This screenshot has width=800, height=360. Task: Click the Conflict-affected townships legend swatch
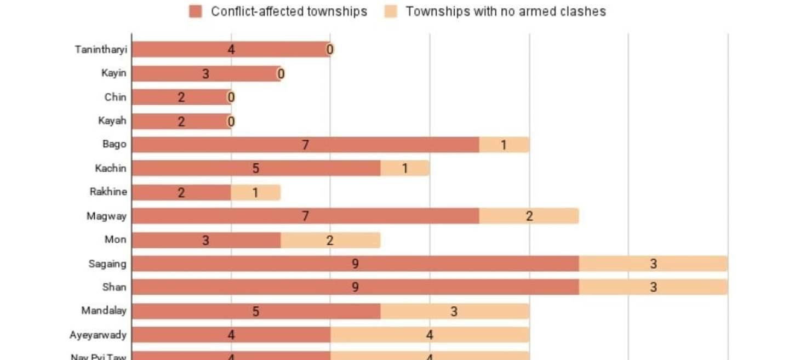(196, 12)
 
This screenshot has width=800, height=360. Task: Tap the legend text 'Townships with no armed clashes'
(505, 12)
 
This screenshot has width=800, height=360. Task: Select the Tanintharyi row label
(101, 50)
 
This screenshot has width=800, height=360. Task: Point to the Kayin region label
(114, 73)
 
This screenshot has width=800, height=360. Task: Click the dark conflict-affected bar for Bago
(305, 145)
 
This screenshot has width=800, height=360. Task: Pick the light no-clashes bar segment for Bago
(504, 145)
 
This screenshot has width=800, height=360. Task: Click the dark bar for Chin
(181, 98)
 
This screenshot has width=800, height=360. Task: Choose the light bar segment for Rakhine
(255, 192)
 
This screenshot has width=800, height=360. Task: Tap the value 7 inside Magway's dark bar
(305, 216)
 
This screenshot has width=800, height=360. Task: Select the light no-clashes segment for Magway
(529, 216)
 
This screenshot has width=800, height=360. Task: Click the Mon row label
(116, 239)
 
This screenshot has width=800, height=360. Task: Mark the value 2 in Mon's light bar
(330, 240)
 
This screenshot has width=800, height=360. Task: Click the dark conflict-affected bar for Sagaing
(355, 264)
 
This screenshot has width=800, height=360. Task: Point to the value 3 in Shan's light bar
(653, 287)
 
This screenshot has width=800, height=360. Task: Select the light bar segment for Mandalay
(454, 311)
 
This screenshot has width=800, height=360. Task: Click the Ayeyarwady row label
(98, 335)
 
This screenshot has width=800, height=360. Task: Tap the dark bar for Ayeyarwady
(231, 335)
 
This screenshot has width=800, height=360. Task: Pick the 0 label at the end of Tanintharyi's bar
(330, 50)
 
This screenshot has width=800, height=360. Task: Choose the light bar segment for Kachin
(405, 168)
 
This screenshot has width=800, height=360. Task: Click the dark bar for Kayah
(181, 121)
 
